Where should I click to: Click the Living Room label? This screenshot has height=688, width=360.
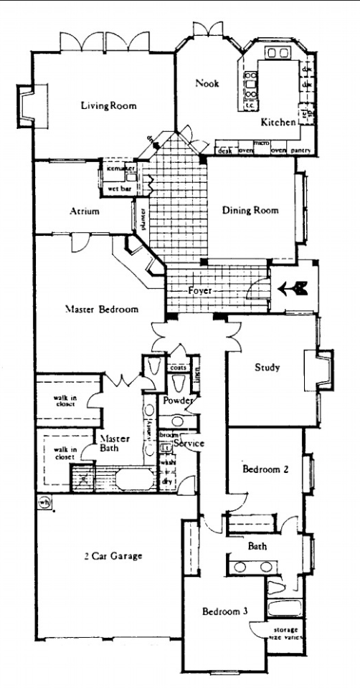[108, 106]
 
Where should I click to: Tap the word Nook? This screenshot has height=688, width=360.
[207, 83]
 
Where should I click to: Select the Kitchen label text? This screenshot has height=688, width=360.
[278, 123]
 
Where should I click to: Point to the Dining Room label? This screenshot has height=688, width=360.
[250, 211]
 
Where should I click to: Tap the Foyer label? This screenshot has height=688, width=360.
[201, 292]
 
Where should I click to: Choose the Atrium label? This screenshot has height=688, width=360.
[90, 211]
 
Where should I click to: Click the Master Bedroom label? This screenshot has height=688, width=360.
[101, 310]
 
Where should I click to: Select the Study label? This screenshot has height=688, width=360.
[267, 368]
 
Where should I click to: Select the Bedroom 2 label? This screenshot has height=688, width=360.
[265, 470]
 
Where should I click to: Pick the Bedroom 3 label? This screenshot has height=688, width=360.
[224, 611]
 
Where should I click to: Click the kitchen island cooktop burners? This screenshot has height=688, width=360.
[251, 85]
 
